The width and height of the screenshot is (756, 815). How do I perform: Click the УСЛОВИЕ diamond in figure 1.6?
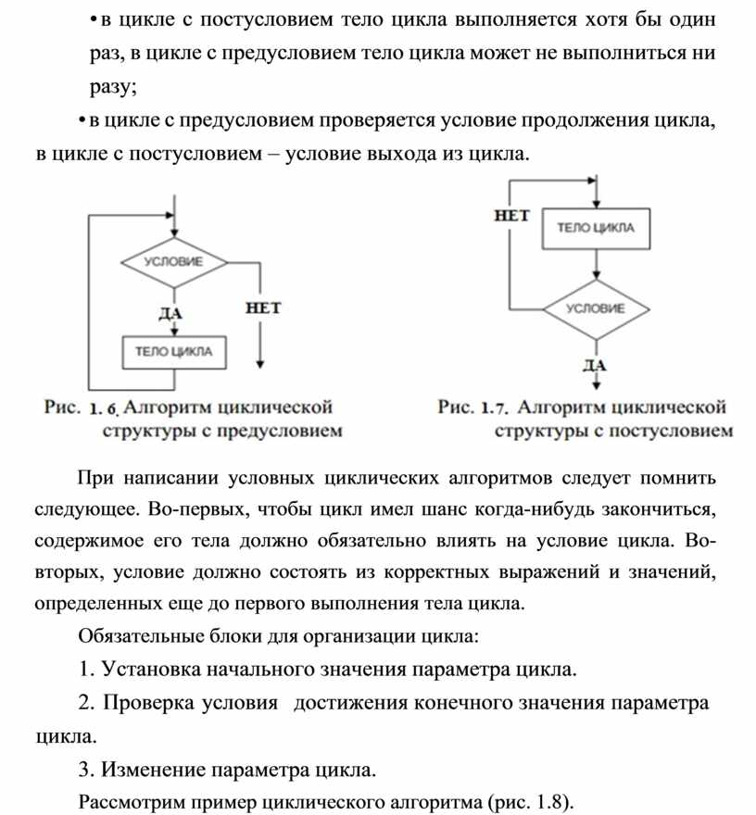tap(173, 262)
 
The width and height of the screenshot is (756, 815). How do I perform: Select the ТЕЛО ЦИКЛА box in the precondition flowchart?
tap(174, 351)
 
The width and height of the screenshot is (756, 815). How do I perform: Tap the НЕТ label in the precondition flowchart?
tap(262, 307)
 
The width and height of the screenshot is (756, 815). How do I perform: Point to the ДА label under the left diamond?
tap(170, 313)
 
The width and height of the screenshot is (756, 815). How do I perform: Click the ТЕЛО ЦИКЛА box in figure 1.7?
tap(596, 229)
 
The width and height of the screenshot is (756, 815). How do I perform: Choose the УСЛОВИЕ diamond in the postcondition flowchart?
tap(595, 308)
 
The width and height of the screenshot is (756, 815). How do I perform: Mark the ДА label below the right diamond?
tap(594, 364)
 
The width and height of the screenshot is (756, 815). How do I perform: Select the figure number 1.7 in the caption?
tap(497, 407)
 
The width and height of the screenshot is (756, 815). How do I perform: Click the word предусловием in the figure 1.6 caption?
tap(283, 430)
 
